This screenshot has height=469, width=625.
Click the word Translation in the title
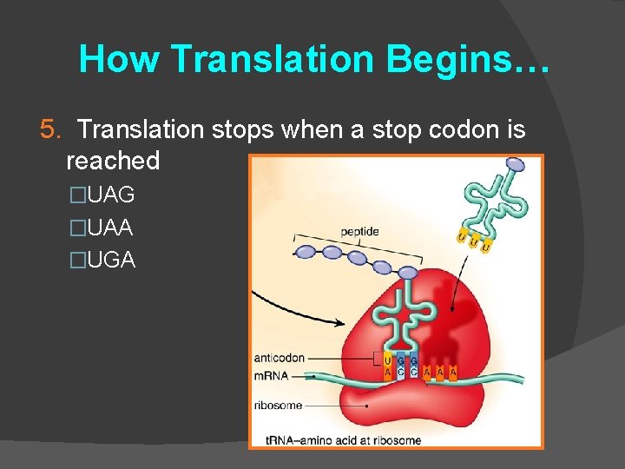pos(272,59)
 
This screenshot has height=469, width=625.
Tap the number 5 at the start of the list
pos(48,129)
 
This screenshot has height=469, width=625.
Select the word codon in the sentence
pos(444,129)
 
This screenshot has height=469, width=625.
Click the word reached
pos(113,160)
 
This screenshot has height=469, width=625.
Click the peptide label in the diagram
pos(359,232)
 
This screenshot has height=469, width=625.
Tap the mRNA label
pos(273,376)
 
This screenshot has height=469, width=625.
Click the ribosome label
pos(279,405)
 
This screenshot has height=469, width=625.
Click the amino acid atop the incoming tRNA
pos(515,163)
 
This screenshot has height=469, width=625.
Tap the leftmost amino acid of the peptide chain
pos(306,253)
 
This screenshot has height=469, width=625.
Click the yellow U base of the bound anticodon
pos(387,360)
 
